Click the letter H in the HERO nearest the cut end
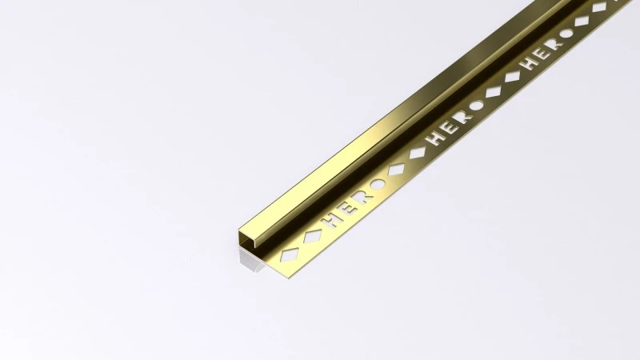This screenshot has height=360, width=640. click(328, 217)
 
